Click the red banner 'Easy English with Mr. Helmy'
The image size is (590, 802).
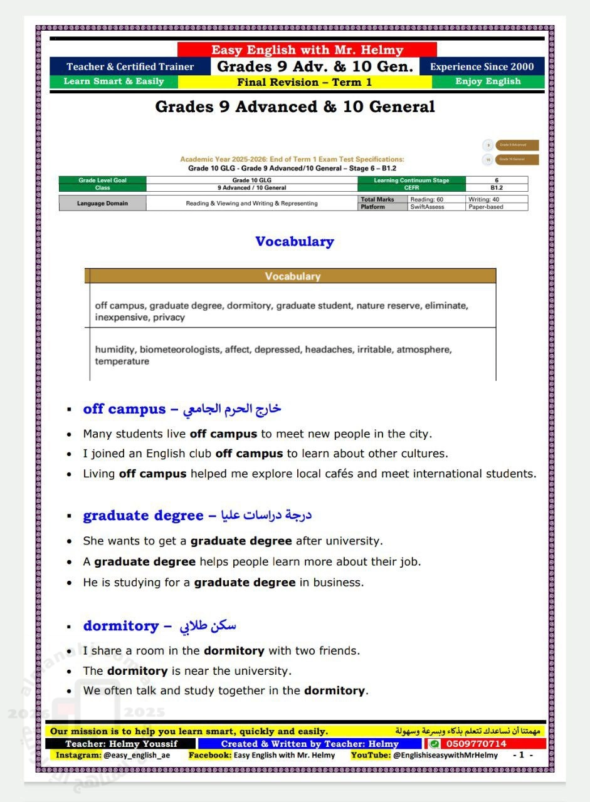[x=307, y=50]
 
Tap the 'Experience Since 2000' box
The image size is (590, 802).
[x=482, y=67]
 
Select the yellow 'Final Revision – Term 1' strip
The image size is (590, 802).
[x=305, y=82]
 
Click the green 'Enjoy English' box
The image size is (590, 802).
[x=488, y=81]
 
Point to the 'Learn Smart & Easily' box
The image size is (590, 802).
[x=114, y=81]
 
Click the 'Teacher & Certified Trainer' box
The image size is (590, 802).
[x=130, y=67]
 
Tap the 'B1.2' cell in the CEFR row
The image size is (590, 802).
[x=497, y=187]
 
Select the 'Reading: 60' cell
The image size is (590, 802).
[x=426, y=199]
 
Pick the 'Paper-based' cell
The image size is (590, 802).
[x=486, y=207]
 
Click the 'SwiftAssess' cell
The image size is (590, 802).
[x=427, y=207]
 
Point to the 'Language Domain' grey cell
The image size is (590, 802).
[x=102, y=203]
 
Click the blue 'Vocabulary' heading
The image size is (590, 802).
[x=295, y=242]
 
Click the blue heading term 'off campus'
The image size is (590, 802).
[x=124, y=409]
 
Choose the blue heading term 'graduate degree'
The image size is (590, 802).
[x=143, y=516]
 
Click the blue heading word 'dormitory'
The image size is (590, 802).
[x=121, y=626]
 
